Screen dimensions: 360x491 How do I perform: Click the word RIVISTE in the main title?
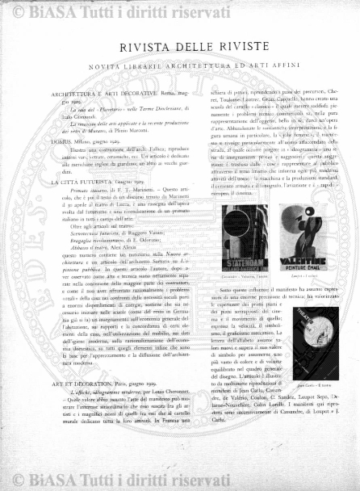point(241,48)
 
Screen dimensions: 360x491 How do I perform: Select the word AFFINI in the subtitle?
point(285,65)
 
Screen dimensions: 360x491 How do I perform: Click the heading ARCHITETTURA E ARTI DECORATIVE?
point(98,94)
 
